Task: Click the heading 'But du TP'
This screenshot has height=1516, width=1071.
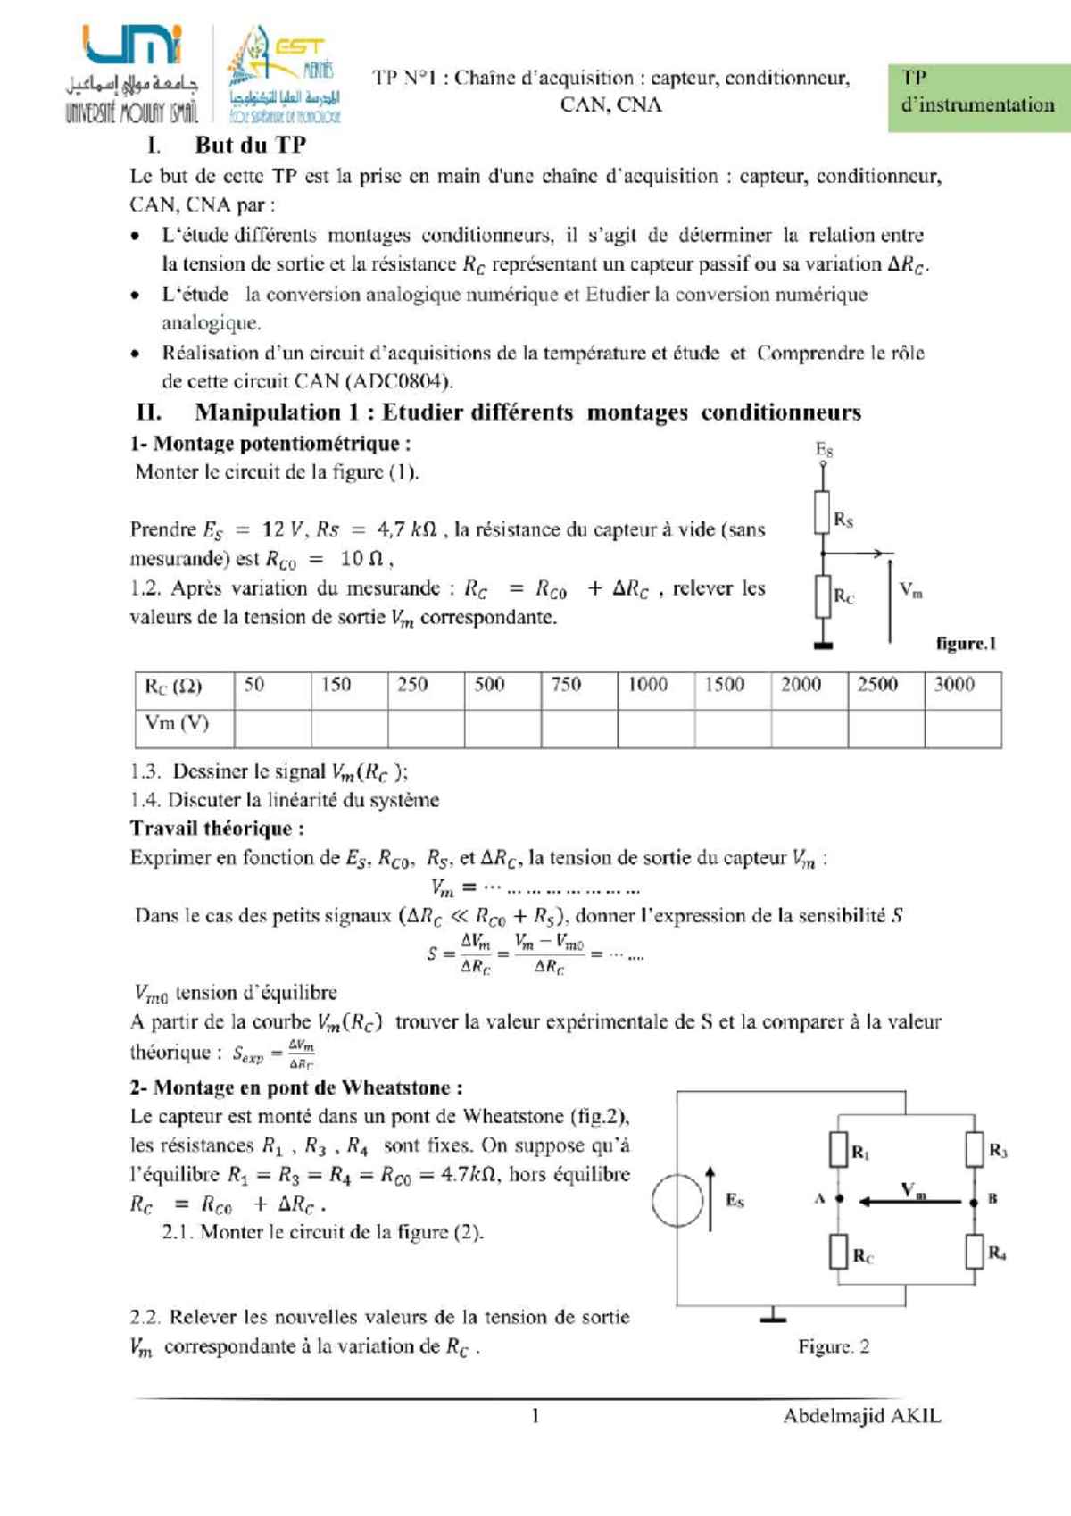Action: [251, 145]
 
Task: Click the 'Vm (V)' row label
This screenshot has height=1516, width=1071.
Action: [177, 723]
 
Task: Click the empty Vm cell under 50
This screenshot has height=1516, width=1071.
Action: [272, 728]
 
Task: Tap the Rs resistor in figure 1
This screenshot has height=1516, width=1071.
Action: [823, 512]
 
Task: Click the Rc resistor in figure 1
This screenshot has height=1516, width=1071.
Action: [823, 596]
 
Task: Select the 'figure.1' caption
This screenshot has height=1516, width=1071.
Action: [966, 644]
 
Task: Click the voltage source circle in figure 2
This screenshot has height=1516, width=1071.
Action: [678, 1201]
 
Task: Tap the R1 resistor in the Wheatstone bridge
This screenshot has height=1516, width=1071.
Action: [838, 1149]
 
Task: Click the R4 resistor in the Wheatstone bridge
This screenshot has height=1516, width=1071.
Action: [975, 1252]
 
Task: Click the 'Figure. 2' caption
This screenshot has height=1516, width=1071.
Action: [834, 1346]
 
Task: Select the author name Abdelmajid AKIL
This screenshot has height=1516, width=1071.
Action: [861, 1416]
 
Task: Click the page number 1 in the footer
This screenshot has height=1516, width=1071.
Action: [535, 1416]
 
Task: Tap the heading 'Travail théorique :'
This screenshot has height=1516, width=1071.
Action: [217, 829]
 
